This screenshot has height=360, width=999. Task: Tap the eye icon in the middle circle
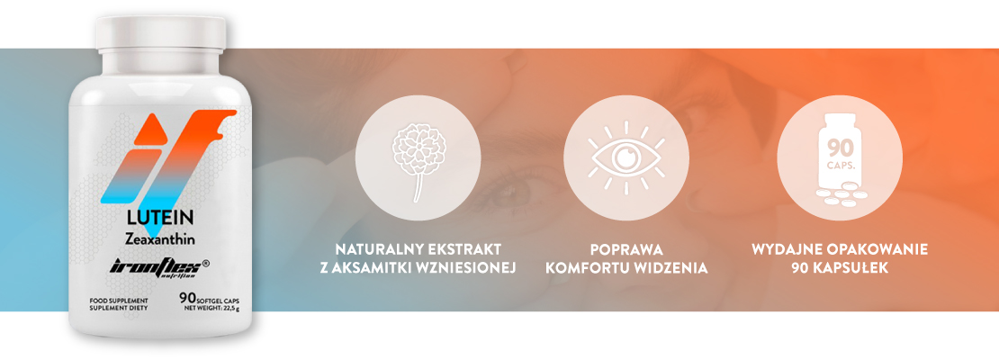pyautogui.click(x=625, y=157)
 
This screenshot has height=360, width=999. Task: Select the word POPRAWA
pyautogui.click(x=625, y=248)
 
